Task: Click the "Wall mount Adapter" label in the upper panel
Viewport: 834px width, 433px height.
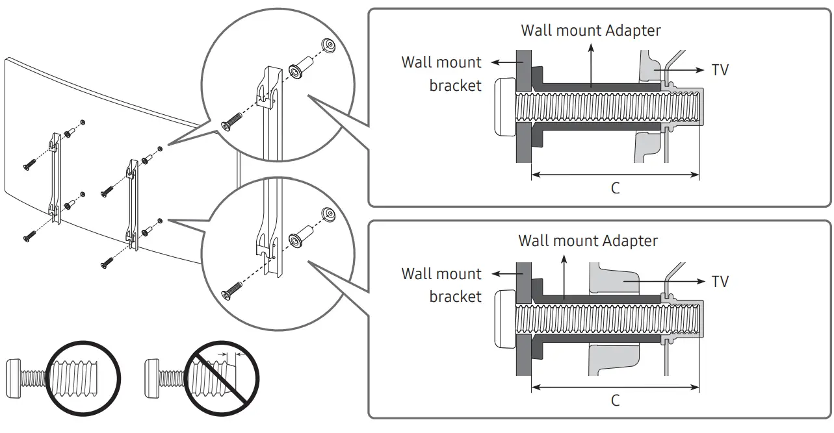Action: tap(591, 31)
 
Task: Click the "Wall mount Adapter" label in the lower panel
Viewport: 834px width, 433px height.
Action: tap(588, 241)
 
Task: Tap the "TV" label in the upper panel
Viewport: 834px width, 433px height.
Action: tap(720, 69)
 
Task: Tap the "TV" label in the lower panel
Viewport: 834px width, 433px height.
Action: tap(720, 281)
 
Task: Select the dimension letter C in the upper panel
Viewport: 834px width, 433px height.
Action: tap(615, 188)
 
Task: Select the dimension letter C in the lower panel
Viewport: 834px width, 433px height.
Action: tap(615, 400)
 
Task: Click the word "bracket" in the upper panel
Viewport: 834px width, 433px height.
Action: tap(455, 86)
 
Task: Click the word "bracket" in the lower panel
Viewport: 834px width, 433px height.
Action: tap(455, 297)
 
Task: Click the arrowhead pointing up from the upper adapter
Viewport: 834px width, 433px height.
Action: tap(591, 47)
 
